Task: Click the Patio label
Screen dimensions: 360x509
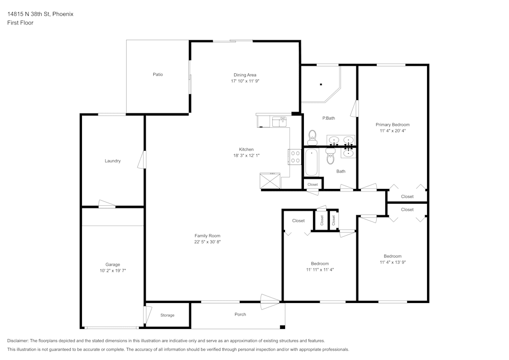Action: coord(158,75)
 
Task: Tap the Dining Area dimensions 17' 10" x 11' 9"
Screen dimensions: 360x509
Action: coord(245,81)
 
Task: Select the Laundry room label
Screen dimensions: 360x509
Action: coord(112,161)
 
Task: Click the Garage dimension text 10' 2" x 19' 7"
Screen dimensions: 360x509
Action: coord(112,271)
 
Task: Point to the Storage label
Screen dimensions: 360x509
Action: coord(167,315)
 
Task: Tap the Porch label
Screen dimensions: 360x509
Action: coord(240,314)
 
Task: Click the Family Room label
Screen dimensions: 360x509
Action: coord(207,236)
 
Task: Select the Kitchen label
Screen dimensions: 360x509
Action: coord(246,149)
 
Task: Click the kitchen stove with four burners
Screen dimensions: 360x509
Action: coord(295,156)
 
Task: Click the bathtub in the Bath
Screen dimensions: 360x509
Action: coord(311,162)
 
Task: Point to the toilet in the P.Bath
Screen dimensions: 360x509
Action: coord(313,136)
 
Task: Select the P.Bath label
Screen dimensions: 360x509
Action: coord(328,118)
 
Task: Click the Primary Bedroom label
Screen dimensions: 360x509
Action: coord(392,124)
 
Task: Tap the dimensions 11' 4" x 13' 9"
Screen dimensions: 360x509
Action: coord(392,262)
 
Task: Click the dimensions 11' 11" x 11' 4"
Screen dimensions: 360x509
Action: coord(320,269)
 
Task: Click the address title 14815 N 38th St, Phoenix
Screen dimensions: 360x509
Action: coord(40,14)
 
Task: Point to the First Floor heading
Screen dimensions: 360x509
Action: coord(20,23)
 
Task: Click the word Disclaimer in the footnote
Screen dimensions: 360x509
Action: coord(18,341)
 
